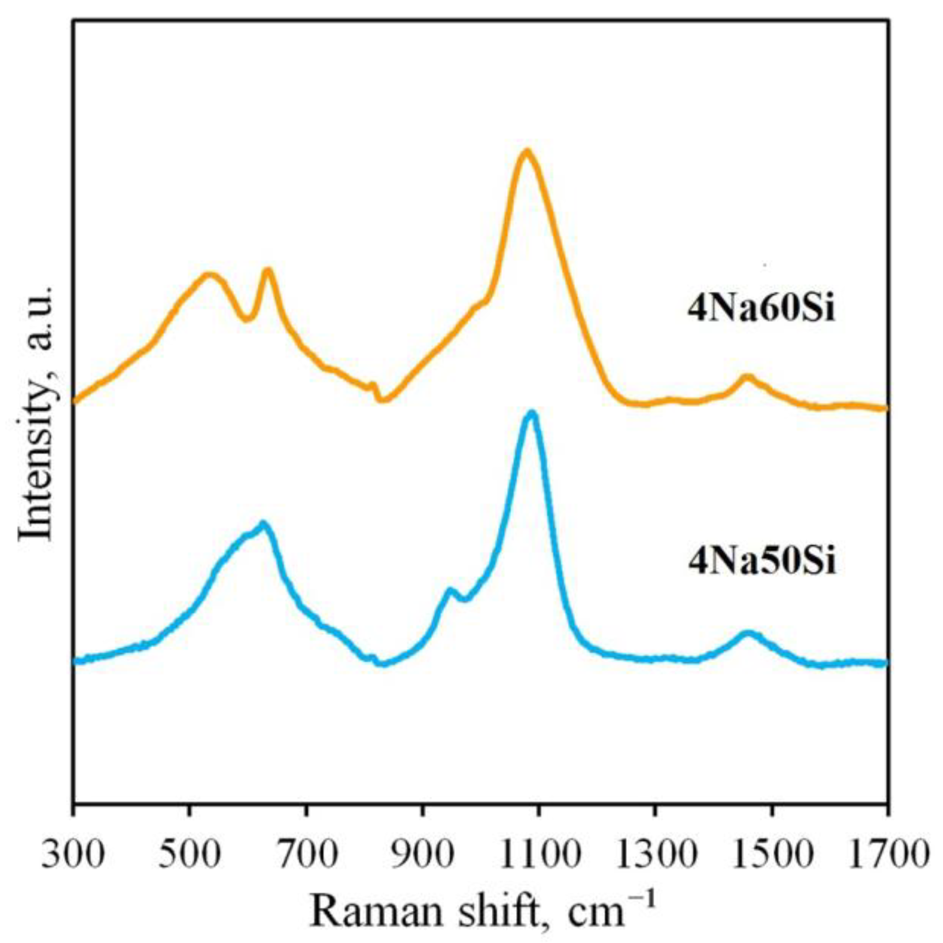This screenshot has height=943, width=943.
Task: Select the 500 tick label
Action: coord(189,854)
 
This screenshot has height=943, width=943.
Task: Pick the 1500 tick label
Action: coord(771,854)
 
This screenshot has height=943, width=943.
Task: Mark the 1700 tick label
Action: coord(887,854)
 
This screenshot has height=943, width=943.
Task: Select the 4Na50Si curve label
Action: coord(761,562)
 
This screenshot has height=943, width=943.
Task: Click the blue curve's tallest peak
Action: coord(531,413)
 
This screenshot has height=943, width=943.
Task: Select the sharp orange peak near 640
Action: coord(268,270)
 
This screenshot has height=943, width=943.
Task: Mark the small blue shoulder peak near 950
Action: coord(450,590)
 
